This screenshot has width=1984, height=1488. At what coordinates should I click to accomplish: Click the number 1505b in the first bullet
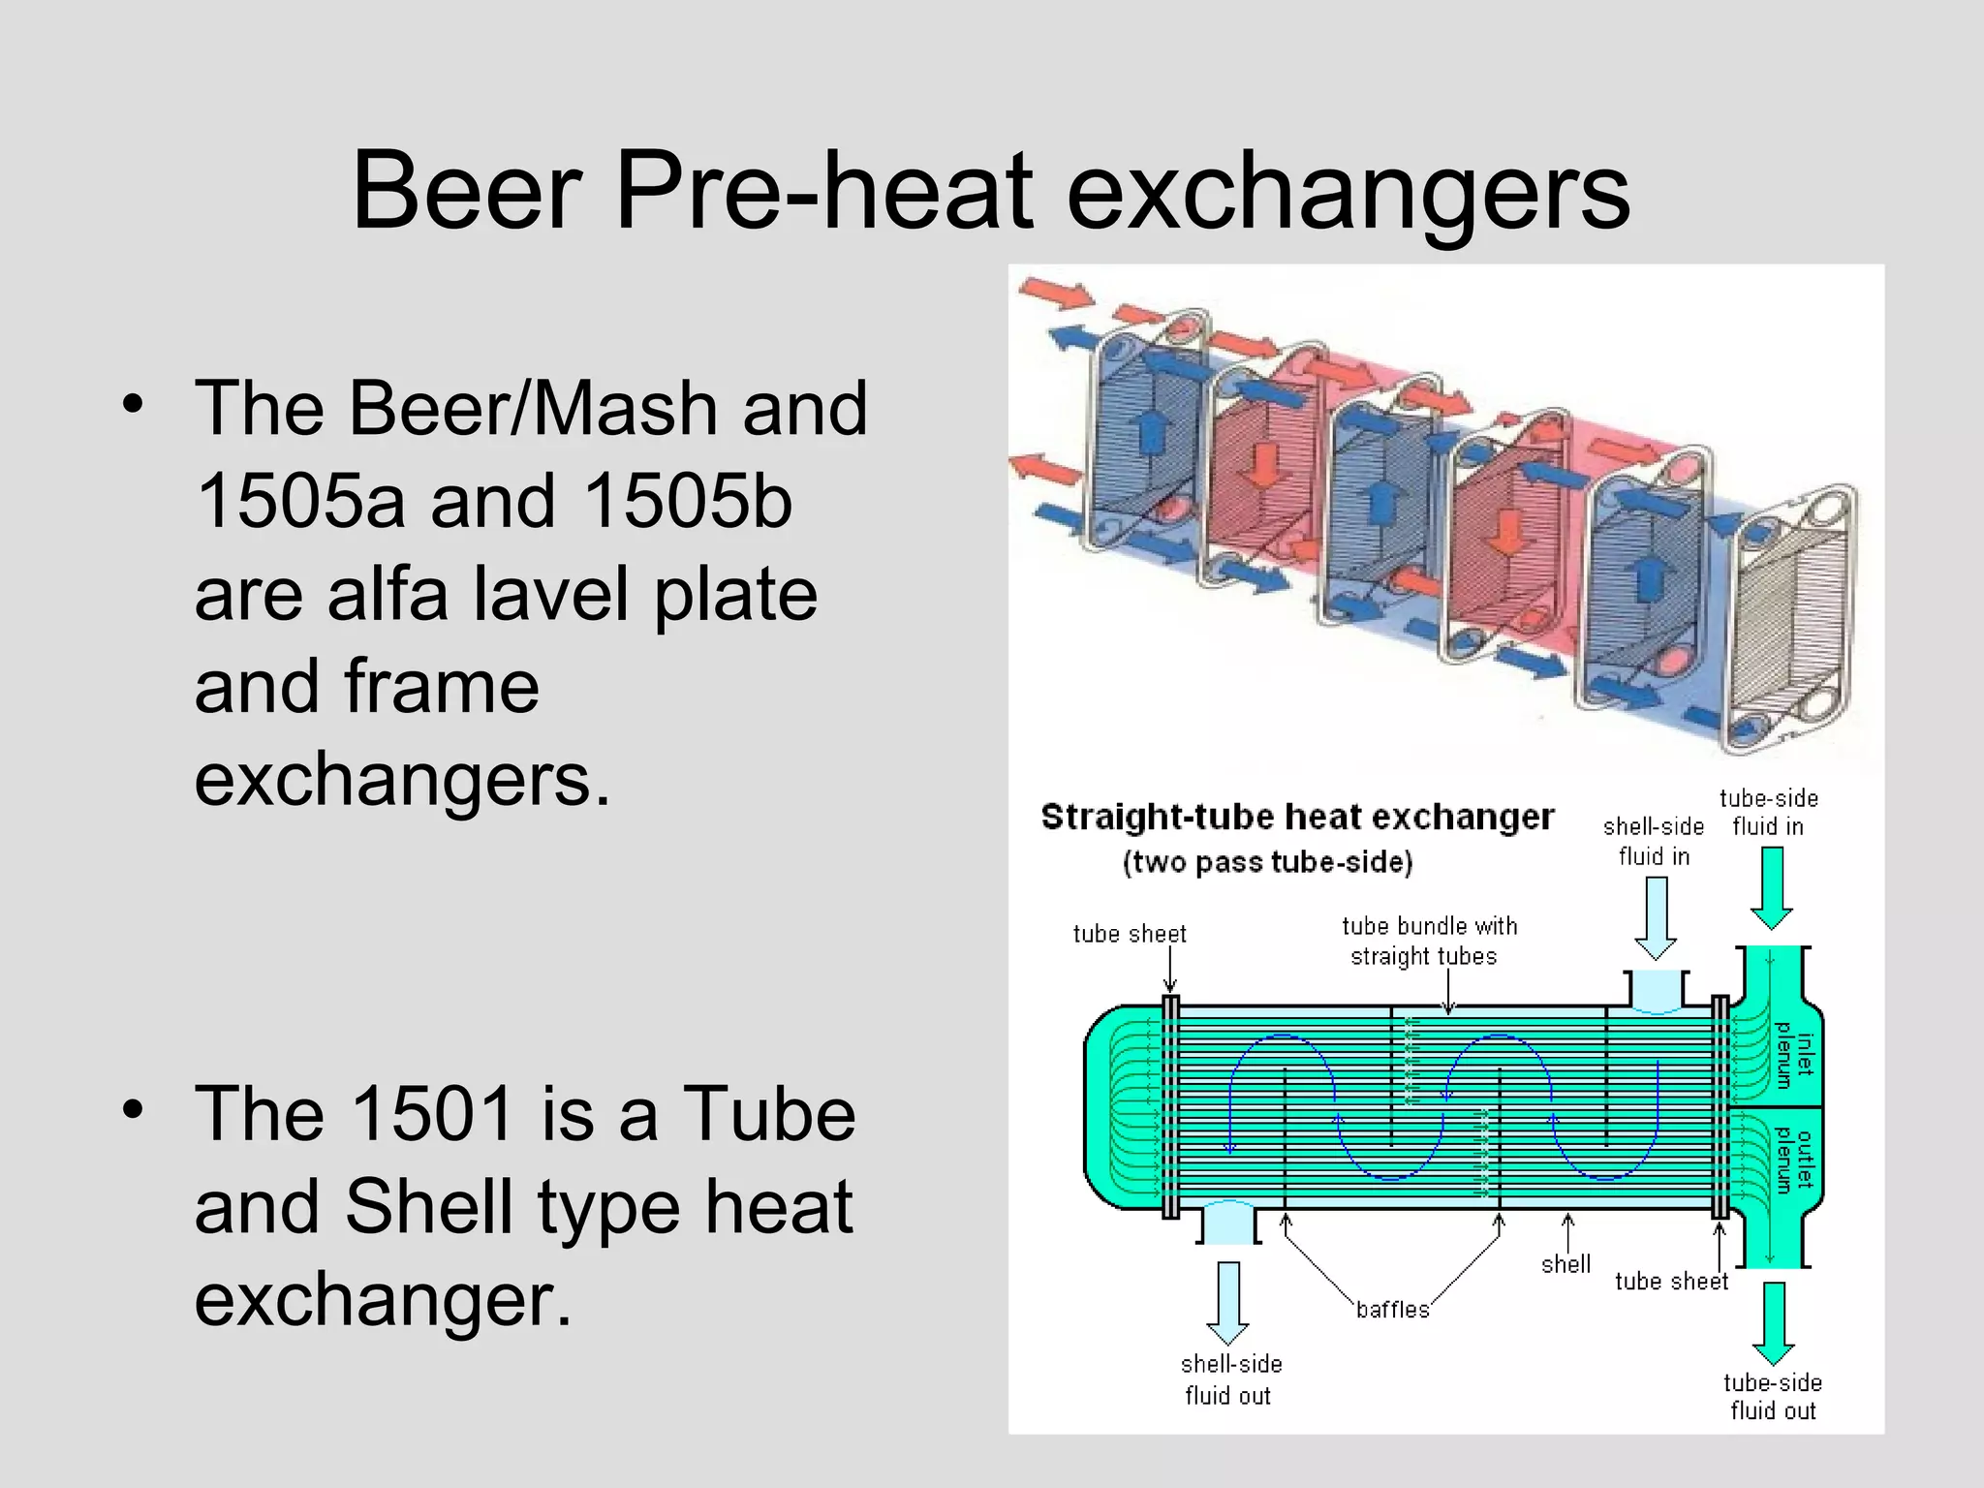(688, 502)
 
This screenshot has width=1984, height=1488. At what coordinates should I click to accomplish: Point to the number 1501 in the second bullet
(431, 1114)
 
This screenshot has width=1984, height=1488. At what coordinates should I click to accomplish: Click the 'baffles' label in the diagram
(1392, 1310)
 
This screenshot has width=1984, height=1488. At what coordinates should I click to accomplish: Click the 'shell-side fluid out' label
(1230, 1379)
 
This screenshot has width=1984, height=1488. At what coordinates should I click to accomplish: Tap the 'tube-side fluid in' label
(1768, 812)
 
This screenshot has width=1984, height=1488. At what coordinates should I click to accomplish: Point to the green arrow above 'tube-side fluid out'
(1773, 1323)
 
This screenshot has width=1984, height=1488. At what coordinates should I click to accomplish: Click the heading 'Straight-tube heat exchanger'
(1296, 817)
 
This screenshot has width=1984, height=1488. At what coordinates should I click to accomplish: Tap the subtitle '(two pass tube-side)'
(1267, 862)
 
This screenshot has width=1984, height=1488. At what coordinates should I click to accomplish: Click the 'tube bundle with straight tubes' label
(1429, 941)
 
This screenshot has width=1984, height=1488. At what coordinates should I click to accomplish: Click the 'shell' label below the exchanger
(1565, 1264)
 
